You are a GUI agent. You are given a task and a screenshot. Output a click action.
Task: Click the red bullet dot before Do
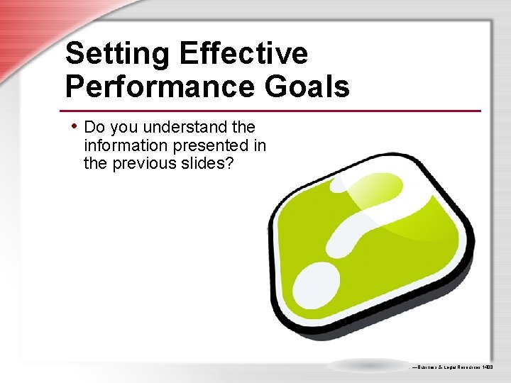(74, 126)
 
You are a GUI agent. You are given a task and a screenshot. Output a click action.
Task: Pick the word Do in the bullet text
(94, 128)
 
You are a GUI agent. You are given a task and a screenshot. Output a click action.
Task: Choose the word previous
(136, 163)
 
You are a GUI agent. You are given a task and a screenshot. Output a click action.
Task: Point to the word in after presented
(259, 145)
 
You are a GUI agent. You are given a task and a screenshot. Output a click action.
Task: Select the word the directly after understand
(243, 128)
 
